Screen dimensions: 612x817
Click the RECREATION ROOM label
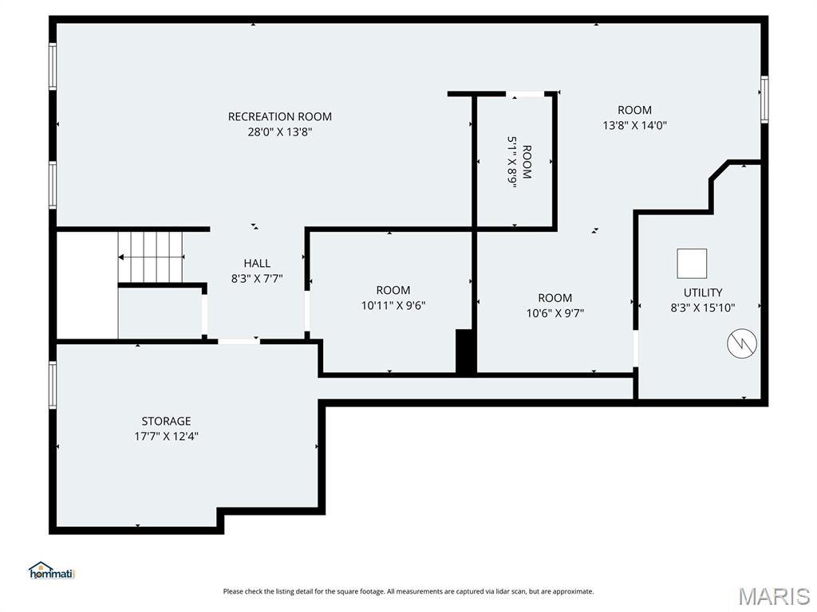click(279, 116)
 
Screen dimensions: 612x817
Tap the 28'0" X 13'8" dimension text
click(279, 132)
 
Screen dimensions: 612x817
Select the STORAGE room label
click(166, 421)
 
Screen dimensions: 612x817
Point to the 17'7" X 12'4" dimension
click(166, 436)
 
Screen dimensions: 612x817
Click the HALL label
click(256, 263)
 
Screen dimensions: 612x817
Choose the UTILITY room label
click(702, 292)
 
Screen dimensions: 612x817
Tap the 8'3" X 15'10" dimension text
click(702, 308)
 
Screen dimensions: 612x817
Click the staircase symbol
click(151, 257)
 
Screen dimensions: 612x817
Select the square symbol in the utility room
click(692, 263)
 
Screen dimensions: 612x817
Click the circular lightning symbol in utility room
click(742, 343)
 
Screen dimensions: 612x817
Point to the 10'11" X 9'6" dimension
click(393, 305)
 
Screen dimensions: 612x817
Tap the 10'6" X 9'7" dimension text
click(555, 313)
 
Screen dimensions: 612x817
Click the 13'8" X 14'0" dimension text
click(634, 125)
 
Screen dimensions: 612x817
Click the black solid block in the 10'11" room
click(465, 351)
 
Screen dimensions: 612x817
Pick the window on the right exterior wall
click(764, 100)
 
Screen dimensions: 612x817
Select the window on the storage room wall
click(53, 384)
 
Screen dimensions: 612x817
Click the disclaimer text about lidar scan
click(408, 591)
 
